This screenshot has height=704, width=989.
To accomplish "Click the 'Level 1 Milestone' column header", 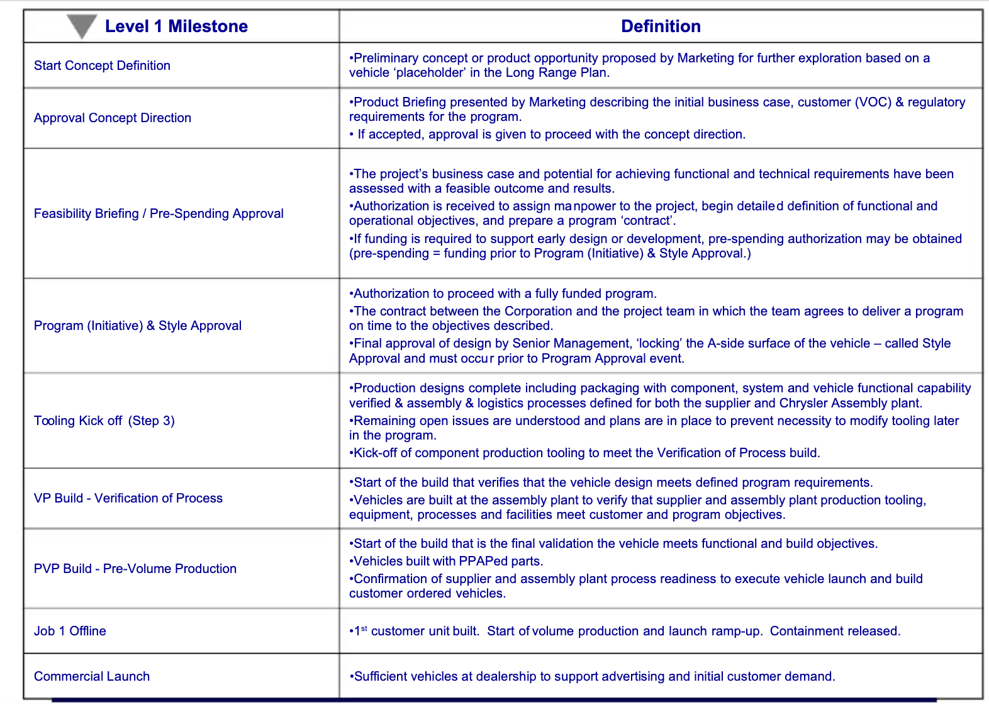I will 176,26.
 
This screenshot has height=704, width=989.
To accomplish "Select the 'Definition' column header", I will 661,26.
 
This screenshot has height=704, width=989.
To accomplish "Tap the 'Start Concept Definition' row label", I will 102,65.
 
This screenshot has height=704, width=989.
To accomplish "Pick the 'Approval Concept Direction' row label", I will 113,118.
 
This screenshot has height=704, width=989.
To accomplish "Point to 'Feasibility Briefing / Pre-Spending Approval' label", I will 159,213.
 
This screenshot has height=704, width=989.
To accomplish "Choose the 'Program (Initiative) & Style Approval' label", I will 138,326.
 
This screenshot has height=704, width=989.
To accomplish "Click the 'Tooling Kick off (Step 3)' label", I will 104,421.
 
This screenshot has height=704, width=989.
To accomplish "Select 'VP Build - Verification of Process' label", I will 128,498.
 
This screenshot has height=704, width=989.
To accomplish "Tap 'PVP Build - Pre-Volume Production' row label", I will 135,569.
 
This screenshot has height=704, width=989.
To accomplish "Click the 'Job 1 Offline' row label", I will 70,631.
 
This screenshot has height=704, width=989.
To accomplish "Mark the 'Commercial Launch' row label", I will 92,676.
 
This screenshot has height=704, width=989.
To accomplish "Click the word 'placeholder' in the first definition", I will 430,72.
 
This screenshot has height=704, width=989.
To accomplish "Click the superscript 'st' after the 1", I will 364,628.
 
